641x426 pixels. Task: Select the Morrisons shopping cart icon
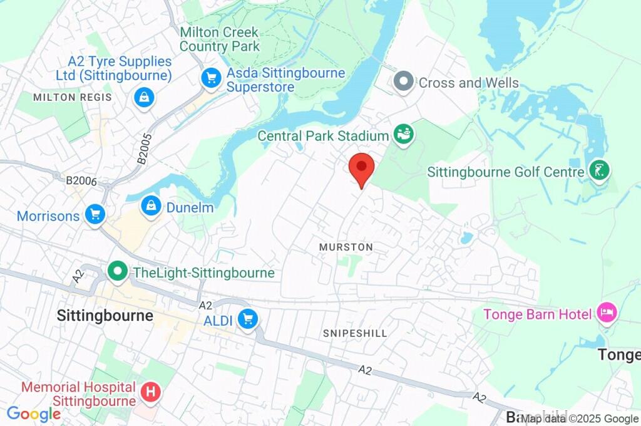(x=95, y=215)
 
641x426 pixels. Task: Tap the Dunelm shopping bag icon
(x=151, y=205)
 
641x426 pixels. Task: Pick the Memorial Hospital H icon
(x=151, y=392)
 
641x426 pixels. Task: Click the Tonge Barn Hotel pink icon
(x=606, y=312)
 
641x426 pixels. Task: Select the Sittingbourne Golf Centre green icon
(x=600, y=170)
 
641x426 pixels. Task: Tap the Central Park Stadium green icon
(x=403, y=135)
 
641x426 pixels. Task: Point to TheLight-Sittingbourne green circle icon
(x=117, y=272)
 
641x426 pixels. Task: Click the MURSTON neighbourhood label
(x=346, y=247)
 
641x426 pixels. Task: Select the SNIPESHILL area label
(x=355, y=333)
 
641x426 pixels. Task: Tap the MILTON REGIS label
(x=72, y=97)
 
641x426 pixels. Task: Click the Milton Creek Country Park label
(x=219, y=39)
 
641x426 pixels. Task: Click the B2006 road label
(x=81, y=181)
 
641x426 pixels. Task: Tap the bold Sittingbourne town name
(x=105, y=315)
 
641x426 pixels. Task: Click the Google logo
(x=33, y=413)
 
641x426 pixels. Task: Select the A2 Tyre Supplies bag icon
(x=145, y=97)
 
